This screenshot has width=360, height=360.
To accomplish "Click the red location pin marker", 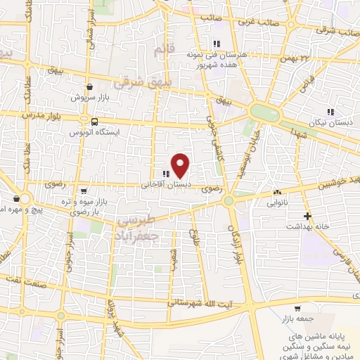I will (181, 166).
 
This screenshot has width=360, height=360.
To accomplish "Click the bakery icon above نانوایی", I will (277, 191).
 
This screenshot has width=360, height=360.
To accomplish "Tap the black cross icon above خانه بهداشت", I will (307, 216).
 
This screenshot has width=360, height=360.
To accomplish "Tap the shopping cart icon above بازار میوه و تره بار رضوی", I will (84, 191).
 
